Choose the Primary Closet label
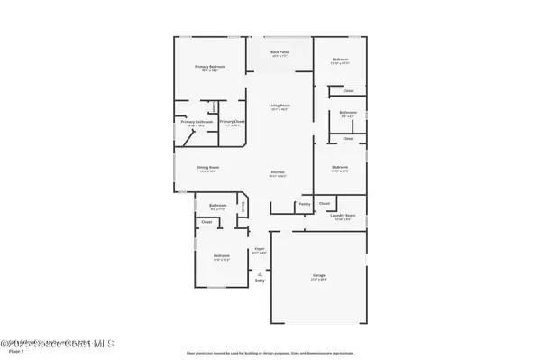(x=232, y=122)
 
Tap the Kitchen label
(x=279, y=172)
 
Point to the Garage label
(x=319, y=275)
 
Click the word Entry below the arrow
(x=260, y=281)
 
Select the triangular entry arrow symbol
(x=260, y=273)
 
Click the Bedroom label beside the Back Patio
(x=340, y=60)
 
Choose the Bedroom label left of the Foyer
(x=221, y=256)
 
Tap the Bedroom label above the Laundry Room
(x=340, y=167)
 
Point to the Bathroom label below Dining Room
(x=217, y=205)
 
